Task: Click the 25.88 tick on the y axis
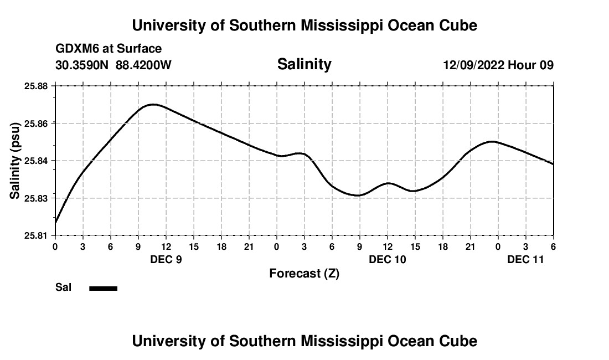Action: pyautogui.click(x=37, y=86)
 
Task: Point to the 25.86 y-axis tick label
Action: pyautogui.click(x=37, y=124)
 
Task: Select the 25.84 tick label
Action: pyautogui.click(x=37, y=161)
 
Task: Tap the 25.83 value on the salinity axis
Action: pyautogui.click(x=37, y=198)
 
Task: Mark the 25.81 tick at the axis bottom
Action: pyautogui.click(x=37, y=235)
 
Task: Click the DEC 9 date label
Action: pyautogui.click(x=166, y=259)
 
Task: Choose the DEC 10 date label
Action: pyautogui.click(x=388, y=259)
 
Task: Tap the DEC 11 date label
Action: pyautogui.click(x=526, y=259)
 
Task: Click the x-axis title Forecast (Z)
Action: pyautogui.click(x=304, y=274)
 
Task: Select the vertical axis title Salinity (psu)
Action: pyautogui.click(x=15, y=161)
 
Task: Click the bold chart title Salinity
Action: pyautogui.click(x=304, y=64)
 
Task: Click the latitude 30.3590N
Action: pyautogui.click(x=82, y=65)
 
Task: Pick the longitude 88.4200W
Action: pyautogui.click(x=144, y=65)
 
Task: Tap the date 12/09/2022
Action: pyautogui.click(x=473, y=65)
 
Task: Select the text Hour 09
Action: pyautogui.click(x=531, y=65)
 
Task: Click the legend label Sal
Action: pyautogui.click(x=64, y=287)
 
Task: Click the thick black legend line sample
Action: pyautogui.click(x=104, y=288)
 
